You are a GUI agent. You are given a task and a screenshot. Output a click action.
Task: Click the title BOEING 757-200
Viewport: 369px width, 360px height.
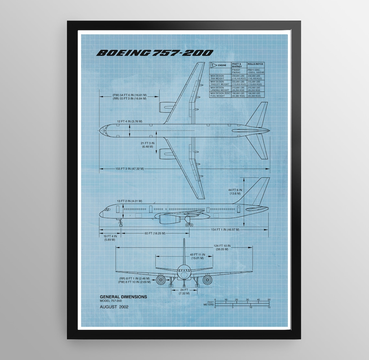pos(155,53)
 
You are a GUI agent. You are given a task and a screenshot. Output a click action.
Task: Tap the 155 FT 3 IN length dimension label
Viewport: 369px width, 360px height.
pos(129,169)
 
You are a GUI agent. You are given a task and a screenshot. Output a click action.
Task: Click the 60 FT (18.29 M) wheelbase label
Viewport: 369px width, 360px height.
pos(155,233)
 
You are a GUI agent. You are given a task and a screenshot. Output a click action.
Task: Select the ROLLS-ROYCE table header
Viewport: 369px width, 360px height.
pos(256,64)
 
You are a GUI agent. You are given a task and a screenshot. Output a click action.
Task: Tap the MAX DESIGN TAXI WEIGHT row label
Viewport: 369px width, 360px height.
pos(217,77)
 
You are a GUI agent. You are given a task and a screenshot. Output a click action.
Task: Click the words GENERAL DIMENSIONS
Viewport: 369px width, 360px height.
pos(123,297)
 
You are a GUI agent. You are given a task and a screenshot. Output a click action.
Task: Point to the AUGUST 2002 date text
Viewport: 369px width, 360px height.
pos(114,307)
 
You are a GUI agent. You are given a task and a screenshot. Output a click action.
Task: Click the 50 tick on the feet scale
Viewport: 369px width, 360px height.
pos(269,300)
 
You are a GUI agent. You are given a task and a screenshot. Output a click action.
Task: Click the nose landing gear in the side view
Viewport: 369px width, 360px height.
pos(120,223)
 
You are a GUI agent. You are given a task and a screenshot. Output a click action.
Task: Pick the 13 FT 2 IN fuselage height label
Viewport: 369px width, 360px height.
pos(129,201)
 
